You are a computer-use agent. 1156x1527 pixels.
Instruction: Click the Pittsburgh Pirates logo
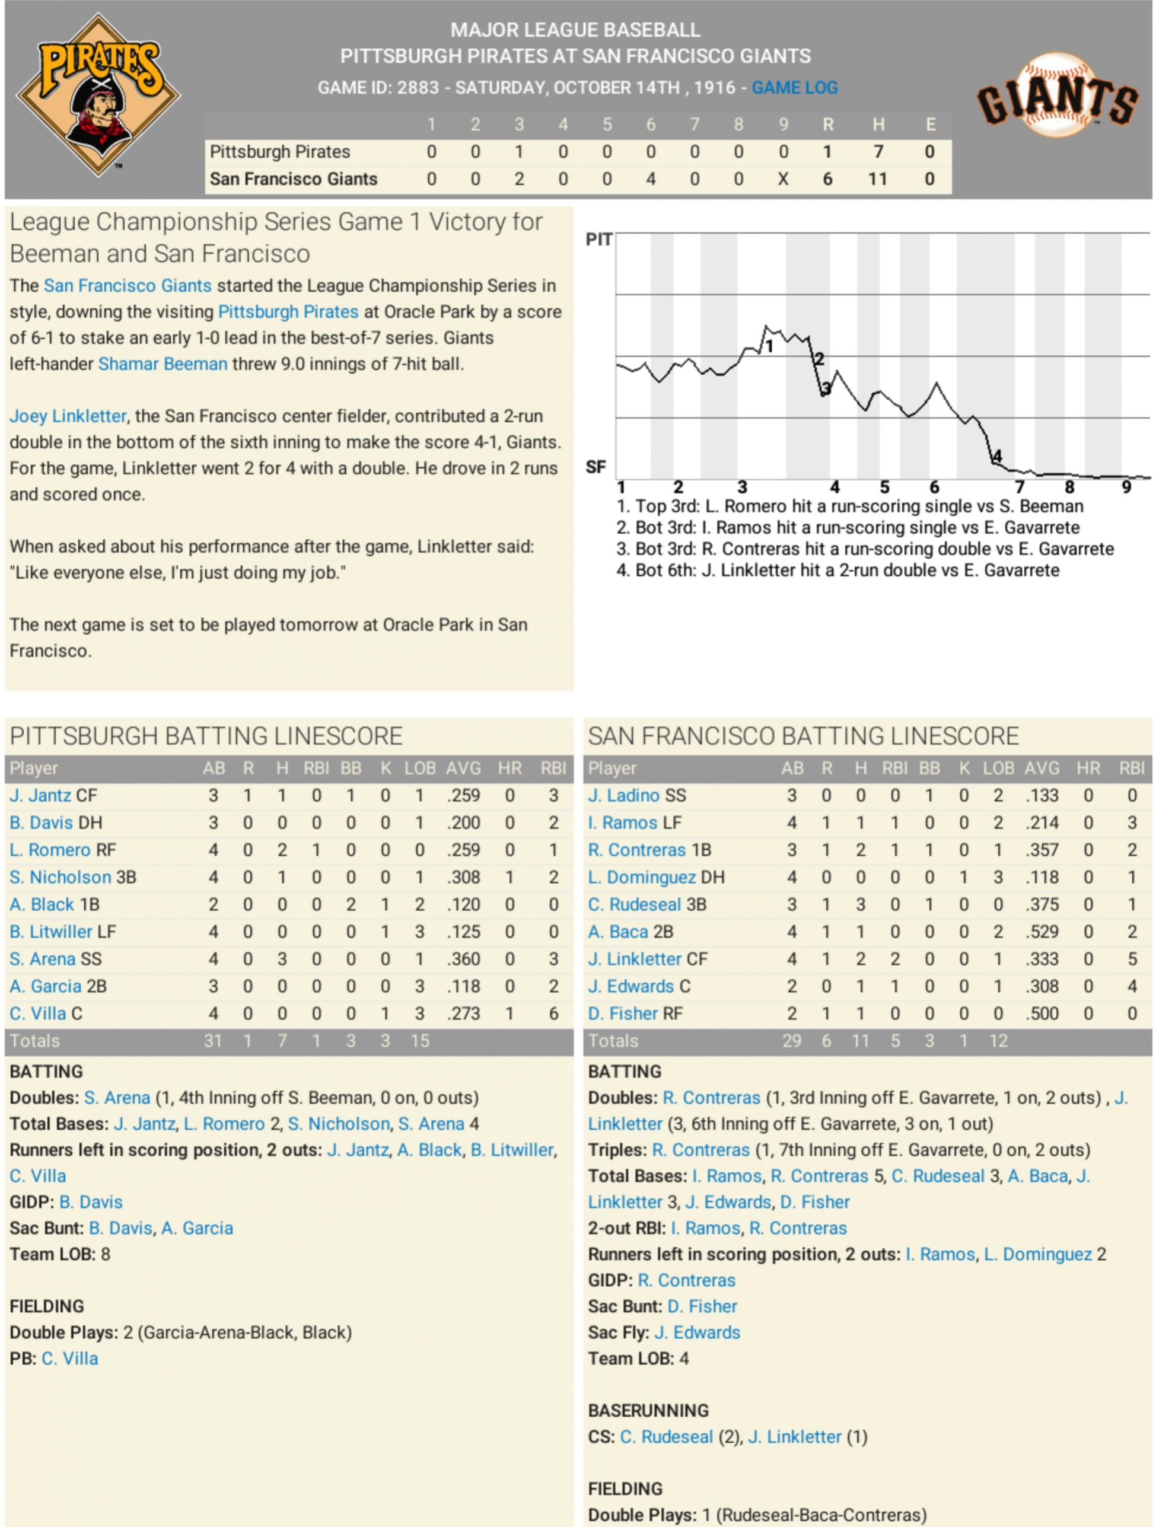pyautogui.click(x=98, y=94)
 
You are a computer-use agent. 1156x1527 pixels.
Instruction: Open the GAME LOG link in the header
pyautogui.click(x=794, y=88)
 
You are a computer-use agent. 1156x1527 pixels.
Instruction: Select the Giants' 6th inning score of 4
pyautogui.click(x=651, y=179)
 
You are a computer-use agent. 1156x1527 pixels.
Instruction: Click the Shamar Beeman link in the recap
pyautogui.click(x=163, y=364)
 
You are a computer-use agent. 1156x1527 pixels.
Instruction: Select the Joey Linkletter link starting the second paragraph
pyautogui.click(x=68, y=416)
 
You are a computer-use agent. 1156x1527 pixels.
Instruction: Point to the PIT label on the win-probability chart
pyautogui.click(x=598, y=240)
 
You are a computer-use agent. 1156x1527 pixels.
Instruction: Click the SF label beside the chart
pyautogui.click(x=596, y=467)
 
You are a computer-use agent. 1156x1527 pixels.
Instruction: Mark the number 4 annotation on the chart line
pyautogui.click(x=996, y=456)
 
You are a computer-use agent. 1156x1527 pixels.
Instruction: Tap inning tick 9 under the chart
pyautogui.click(x=1126, y=487)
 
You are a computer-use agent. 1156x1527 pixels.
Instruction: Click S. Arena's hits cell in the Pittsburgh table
pyautogui.click(x=282, y=959)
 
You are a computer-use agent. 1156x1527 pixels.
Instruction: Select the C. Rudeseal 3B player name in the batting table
pyautogui.click(x=647, y=904)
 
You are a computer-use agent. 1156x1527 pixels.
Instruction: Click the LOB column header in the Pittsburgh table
pyautogui.click(x=419, y=769)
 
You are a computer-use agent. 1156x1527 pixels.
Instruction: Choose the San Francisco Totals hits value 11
pyautogui.click(x=860, y=1040)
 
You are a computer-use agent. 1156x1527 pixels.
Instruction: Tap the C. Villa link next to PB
pyautogui.click(x=70, y=1359)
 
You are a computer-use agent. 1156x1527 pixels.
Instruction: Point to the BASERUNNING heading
pyautogui.click(x=648, y=1410)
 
